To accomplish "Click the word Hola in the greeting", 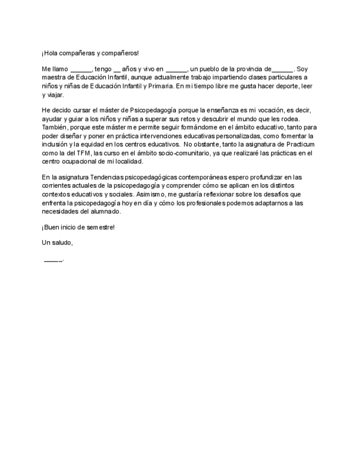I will (x=51, y=53).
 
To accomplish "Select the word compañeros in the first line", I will (x=121, y=53).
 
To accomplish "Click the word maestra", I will (x=54, y=77).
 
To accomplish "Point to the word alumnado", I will (x=106, y=211).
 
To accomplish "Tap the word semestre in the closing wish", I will (x=99, y=228).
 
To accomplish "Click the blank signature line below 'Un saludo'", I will (x=53, y=259).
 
